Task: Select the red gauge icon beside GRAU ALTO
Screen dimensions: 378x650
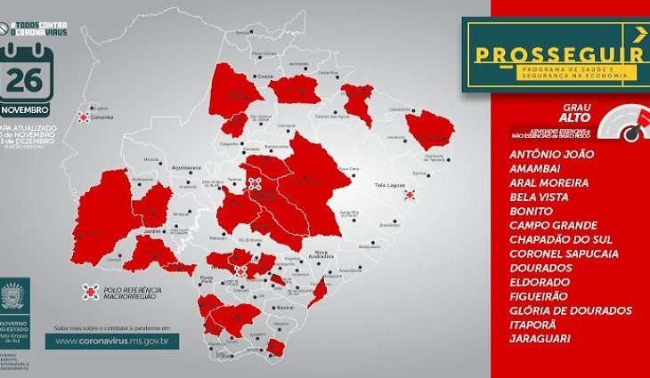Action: pyautogui.click(x=631, y=125)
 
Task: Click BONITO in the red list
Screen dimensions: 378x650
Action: pyautogui.click(x=532, y=211)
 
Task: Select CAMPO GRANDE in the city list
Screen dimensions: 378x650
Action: pyautogui.click(x=552, y=225)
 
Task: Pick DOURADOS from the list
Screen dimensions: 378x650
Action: pyautogui.click(x=541, y=268)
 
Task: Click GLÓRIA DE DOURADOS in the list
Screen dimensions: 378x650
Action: pyautogui.click(x=571, y=310)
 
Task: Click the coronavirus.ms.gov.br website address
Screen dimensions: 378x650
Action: pyautogui.click(x=115, y=340)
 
